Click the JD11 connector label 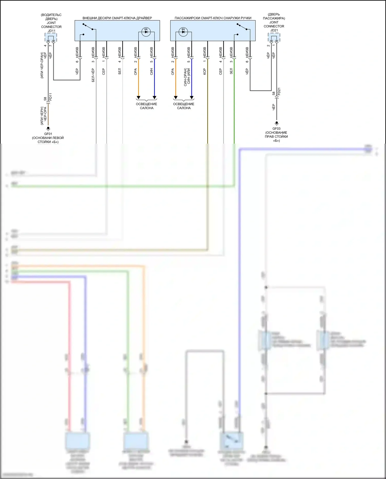(51, 31)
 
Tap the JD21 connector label (274, 30)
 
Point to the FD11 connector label (51, 97)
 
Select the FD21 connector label (279, 92)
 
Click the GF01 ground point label (48, 134)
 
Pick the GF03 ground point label (276, 129)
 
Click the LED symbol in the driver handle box (146, 32)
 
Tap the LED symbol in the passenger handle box (183, 32)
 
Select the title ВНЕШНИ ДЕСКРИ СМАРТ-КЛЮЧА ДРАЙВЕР (117, 18)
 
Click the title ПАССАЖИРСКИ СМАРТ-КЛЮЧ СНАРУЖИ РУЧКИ (213, 18)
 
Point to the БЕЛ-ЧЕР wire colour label (93, 75)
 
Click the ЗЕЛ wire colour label (231, 71)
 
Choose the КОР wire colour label (205, 71)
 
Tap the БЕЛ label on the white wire (119, 71)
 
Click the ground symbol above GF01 (48, 128)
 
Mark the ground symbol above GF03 (277, 123)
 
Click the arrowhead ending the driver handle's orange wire (138, 97)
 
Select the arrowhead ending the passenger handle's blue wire (192, 97)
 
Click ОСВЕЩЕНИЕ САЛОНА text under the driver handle (146, 106)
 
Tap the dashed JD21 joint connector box (274, 38)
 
